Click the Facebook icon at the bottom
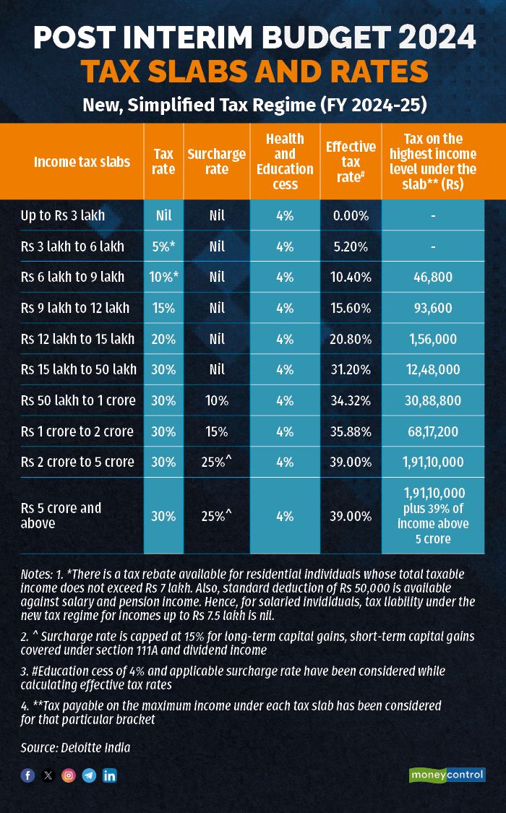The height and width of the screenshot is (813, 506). [27, 775]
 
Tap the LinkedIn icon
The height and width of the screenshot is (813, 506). [110, 775]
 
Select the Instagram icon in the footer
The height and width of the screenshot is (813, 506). [69, 775]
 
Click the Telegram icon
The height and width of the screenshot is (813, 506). [89, 775]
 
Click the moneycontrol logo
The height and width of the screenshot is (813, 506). [447, 775]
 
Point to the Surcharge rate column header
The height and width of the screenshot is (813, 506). [216, 161]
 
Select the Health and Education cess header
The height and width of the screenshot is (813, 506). [285, 161]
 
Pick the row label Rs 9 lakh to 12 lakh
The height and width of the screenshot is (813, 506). [75, 308]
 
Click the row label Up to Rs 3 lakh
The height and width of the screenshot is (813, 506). [63, 215]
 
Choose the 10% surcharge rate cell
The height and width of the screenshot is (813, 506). [216, 400]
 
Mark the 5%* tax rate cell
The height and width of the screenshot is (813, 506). [164, 246]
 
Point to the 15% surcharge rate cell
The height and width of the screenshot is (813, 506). [216, 431]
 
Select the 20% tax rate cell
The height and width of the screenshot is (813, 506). [164, 339]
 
